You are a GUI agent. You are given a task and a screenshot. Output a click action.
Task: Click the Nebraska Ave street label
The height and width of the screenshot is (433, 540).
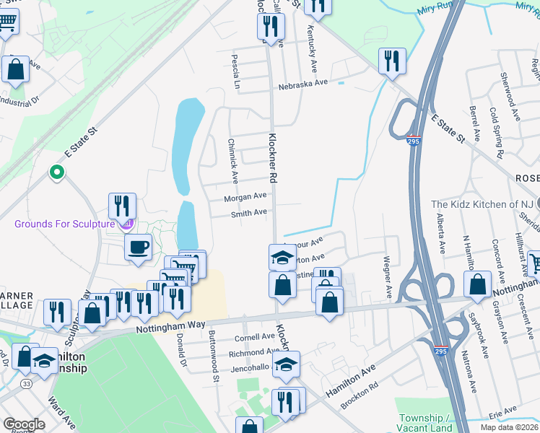pos(304,83)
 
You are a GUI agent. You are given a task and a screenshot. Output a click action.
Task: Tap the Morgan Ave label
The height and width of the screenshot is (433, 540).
pos(245,197)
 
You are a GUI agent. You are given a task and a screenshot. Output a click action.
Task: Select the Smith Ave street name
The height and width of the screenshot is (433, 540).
pos(249,213)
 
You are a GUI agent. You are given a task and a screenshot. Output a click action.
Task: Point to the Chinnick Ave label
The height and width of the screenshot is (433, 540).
pos(233,161)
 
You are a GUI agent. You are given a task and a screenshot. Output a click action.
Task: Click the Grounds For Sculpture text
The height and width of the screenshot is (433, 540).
pos(65,224)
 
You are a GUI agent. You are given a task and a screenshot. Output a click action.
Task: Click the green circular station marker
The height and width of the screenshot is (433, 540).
pos(56,172)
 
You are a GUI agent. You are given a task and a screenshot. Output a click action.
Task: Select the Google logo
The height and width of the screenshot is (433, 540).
pos(24,424)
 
